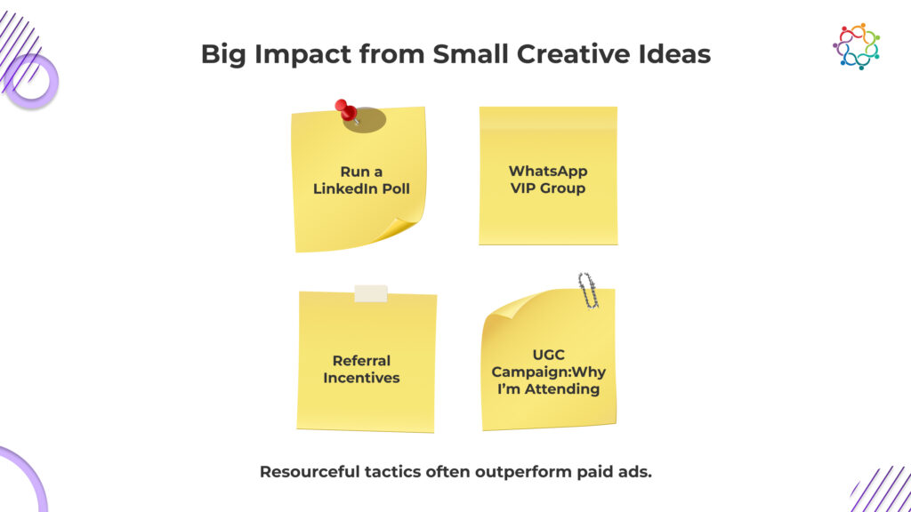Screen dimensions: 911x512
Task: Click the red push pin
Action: [346, 110]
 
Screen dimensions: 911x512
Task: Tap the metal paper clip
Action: [588, 291]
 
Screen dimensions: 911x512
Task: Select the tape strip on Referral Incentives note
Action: [371, 293]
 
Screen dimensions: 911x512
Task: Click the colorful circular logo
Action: [857, 46]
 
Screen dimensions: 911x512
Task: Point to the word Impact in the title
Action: [302, 54]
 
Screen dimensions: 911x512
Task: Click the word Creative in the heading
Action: [572, 54]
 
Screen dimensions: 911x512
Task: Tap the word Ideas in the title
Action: [674, 54]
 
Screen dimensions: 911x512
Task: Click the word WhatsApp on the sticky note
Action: [548, 172]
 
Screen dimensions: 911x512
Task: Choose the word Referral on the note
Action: [361, 361]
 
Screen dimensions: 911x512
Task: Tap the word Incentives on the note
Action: [361, 378]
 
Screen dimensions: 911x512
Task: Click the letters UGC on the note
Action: [548, 355]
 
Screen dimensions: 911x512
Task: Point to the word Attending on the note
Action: [562, 389]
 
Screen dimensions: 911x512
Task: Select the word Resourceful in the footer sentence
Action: [310, 471]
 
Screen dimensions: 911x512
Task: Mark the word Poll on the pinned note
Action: [396, 188]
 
